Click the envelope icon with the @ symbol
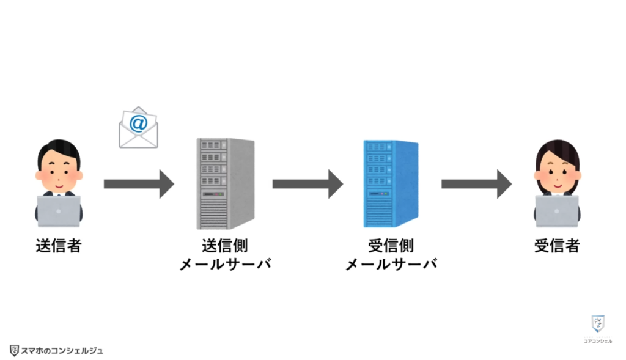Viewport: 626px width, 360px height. (x=138, y=128)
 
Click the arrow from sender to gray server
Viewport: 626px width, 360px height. (x=139, y=184)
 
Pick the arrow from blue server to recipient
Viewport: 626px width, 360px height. (x=476, y=184)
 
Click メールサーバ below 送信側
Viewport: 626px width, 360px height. (x=225, y=265)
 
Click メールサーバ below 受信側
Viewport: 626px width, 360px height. (x=391, y=265)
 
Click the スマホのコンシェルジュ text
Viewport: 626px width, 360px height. (x=62, y=350)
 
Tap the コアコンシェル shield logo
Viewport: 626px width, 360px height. (x=597, y=325)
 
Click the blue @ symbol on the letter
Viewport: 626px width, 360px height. (x=139, y=124)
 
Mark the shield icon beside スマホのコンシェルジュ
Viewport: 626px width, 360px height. (x=14, y=350)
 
